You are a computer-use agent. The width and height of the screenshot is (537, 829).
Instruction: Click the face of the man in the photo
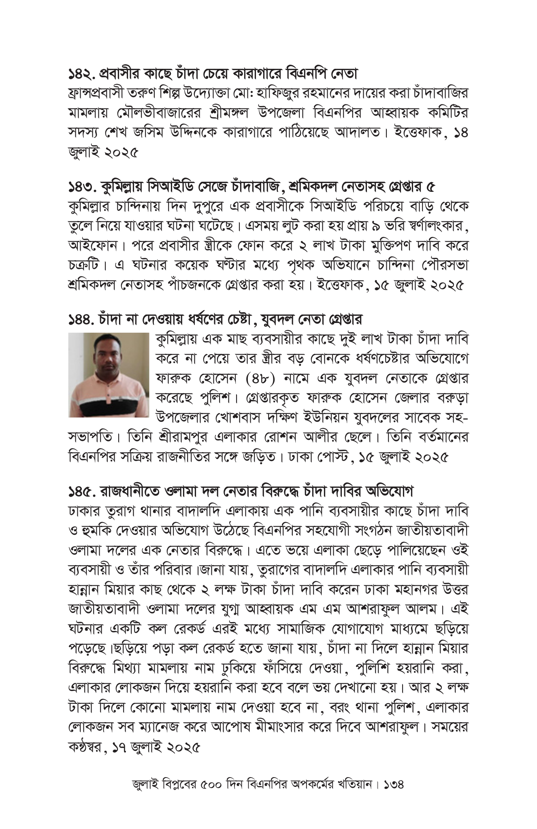point(108,358)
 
